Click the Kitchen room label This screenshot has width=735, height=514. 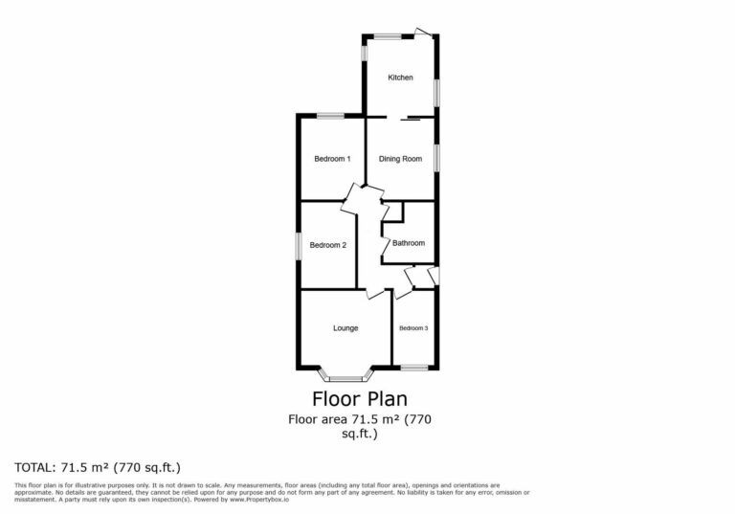[400, 78]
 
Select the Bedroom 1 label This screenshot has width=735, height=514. [332, 159]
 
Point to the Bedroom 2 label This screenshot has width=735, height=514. [328, 245]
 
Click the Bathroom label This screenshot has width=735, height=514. [408, 243]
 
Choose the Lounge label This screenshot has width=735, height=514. [345, 328]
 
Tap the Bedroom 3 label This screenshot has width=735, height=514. [413, 328]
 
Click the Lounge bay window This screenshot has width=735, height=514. [342, 376]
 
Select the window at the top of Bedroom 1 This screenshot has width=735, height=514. [331, 117]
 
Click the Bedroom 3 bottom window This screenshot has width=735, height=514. [414, 368]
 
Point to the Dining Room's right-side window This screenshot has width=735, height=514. [436, 158]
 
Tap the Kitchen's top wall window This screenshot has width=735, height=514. [387, 36]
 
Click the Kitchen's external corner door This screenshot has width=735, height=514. [424, 34]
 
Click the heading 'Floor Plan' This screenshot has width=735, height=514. [360, 398]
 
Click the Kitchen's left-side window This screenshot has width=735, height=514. [365, 51]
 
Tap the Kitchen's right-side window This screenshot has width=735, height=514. [436, 93]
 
